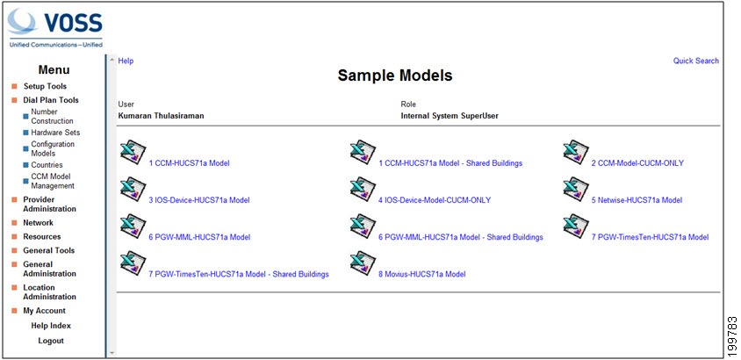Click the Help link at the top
coord(126,61)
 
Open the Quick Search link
coord(695,61)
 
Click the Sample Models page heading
coord(394,76)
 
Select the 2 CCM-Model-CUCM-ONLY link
coord(637,163)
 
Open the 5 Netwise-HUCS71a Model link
coord(637,200)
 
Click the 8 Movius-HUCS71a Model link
coord(421,274)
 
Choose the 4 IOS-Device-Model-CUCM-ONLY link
coord(435,200)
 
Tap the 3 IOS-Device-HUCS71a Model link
coord(199,200)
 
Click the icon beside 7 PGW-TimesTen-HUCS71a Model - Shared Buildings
coord(133,263)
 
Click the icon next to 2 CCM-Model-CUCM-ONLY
coord(576,152)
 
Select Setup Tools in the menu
coord(45,86)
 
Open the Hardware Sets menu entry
coord(55,133)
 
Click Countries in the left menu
coord(47,165)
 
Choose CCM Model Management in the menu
coord(53,182)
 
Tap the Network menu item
coord(39,223)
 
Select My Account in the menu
coord(45,311)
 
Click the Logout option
coord(51,341)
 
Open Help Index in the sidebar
coord(51,326)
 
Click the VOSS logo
coord(55,28)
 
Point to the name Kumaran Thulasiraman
coord(162,116)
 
